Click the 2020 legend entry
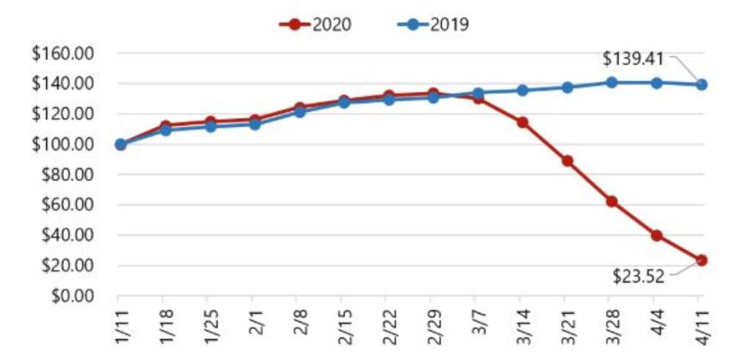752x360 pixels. [316, 24]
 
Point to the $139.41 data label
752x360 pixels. [633, 58]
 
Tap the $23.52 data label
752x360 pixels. [639, 276]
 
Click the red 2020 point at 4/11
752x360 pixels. [701, 260]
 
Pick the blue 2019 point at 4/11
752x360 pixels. [701, 84]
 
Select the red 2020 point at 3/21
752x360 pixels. [567, 161]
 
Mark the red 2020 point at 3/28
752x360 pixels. [612, 201]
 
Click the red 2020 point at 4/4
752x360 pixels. [657, 236]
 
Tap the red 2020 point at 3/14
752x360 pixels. [522, 123]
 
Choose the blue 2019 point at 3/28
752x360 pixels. [612, 82]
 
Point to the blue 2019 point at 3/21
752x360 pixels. [567, 87]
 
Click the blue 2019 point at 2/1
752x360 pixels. [254, 125]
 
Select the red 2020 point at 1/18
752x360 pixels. [164, 126]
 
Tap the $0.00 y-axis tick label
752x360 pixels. [78, 296]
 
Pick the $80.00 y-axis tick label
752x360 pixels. [74, 175]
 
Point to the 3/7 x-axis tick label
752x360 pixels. [478, 320]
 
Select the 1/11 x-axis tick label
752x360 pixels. [120, 322]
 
